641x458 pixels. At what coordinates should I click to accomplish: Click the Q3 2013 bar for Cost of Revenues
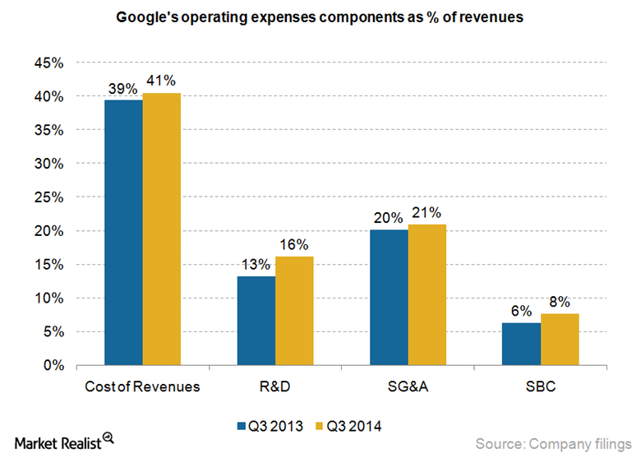coord(123,233)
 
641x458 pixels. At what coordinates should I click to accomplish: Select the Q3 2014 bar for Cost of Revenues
coord(162,229)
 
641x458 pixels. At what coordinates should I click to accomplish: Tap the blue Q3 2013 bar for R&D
coord(256,321)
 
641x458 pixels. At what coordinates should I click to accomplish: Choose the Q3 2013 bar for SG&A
coord(389,298)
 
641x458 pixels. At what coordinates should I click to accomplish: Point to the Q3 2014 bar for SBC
coord(560,339)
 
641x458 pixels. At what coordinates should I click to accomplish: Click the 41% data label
coord(161,81)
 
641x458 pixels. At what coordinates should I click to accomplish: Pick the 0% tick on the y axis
coord(53,365)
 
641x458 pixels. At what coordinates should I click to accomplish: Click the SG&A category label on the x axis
coord(408,386)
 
